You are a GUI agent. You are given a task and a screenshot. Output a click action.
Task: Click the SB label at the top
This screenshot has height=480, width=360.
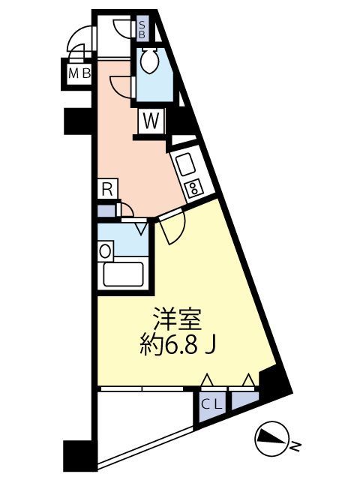coord(142,29)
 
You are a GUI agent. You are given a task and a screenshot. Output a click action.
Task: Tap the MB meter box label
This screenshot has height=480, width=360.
coord(77,73)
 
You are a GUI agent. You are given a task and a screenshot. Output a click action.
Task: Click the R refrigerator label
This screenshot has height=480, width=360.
coord(107,189)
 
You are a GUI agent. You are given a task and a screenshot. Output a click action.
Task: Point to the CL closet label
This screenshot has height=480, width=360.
coord(212,403)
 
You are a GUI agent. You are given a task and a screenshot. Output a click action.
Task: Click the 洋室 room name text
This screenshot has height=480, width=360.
coord(178,318)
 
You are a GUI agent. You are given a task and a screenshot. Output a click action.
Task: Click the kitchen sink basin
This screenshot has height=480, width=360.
coord(184,163)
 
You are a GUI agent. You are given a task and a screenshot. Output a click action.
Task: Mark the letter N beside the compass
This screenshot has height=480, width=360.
coord(295,448)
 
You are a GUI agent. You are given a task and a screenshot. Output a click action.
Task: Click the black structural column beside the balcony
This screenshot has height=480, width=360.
coord(79,454)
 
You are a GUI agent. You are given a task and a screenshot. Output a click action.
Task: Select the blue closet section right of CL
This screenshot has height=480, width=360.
coord(243,401)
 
